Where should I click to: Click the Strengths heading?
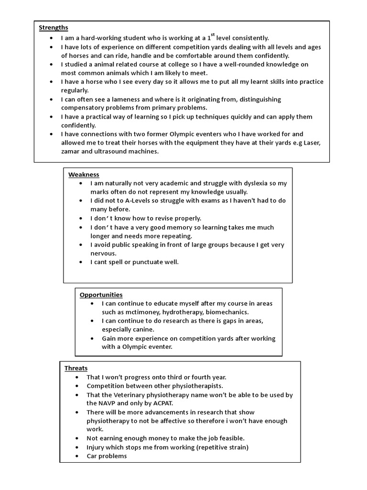54,28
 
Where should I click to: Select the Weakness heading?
84,175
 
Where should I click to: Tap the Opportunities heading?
101,295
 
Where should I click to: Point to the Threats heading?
76,368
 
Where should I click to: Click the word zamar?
71,151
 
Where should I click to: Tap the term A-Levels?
134,200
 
